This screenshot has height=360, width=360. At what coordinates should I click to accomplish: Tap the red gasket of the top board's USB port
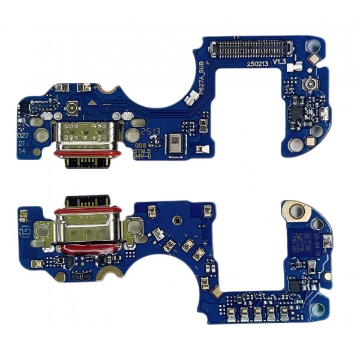tap(77, 155)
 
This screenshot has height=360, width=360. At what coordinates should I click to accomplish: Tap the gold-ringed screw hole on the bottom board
tap(294, 211)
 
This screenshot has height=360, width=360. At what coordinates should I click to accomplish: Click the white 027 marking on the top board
tap(21, 136)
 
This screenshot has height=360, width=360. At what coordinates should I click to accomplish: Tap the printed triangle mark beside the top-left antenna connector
tap(91, 103)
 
